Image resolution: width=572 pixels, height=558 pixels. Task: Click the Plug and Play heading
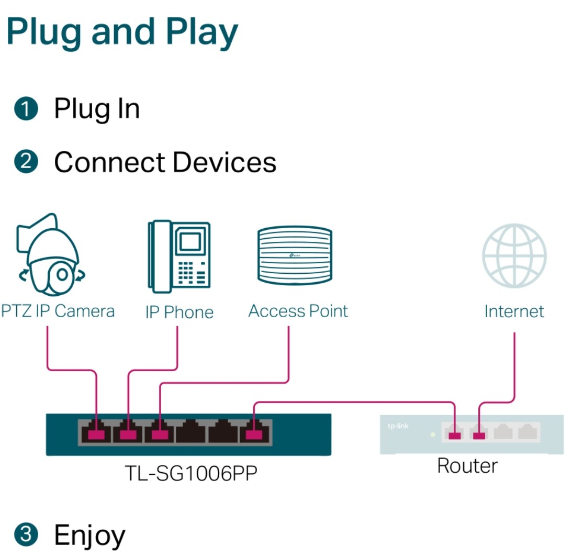[122, 33]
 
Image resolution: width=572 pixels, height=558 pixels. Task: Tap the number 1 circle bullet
[26, 108]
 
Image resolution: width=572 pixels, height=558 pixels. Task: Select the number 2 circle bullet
[26, 161]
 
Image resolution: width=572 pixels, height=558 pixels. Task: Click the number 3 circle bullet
[26, 534]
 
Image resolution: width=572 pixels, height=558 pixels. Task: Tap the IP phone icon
[179, 256]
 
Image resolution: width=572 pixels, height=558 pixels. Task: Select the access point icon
[295, 255]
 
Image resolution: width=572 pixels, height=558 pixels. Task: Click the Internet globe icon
[514, 255]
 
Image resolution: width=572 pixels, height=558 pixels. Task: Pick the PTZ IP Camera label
[58, 311]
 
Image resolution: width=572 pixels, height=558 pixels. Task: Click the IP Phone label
[179, 312]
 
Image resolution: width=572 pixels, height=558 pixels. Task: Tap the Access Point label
[298, 311]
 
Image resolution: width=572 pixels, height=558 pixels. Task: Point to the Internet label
[514, 311]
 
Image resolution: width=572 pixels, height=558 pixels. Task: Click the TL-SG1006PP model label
[191, 473]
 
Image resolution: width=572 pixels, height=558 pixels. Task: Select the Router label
[467, 466]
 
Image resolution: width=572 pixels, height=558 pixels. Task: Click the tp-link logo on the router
[398, 426]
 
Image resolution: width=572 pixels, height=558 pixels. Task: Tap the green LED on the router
[433, 434]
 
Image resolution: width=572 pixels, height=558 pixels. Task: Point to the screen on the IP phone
[190, 241]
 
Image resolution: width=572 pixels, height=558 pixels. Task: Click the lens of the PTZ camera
[62, 274]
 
